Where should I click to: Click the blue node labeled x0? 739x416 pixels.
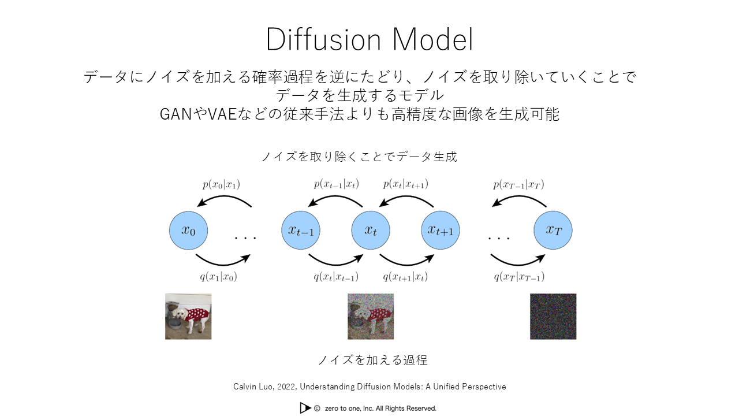(188, 231)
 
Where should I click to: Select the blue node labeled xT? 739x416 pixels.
(553, 231)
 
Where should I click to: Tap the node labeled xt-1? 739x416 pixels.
(301, 231)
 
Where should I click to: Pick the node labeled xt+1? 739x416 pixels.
(441, 231)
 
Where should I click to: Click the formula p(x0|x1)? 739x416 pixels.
(221, 184)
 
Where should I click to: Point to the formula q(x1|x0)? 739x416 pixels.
(218, 277)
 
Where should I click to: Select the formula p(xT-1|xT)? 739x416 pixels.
(518, 184)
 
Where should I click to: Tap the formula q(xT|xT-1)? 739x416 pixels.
(519, 277)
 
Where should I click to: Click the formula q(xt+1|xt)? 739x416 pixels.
(405, 277)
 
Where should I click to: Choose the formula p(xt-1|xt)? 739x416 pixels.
(336, 184)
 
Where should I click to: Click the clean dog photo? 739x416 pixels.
(188, 316)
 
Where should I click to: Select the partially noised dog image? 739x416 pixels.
(371, 316)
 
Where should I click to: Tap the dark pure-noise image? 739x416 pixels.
(553, 316)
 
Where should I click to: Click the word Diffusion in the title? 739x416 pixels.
(324, 40)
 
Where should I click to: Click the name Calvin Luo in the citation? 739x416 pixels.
(253, 387)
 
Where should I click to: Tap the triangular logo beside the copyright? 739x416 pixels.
(305, 408)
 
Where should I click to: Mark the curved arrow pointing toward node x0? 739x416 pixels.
(225, 199)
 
